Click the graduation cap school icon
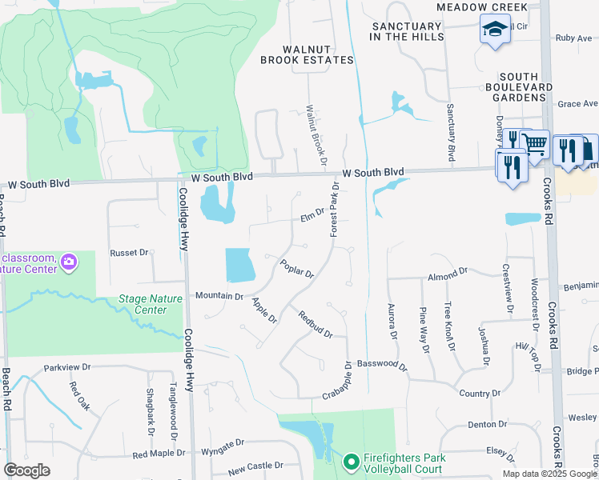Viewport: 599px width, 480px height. click(x=495, y=30)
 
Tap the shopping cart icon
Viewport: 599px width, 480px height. click(x=535, y=144)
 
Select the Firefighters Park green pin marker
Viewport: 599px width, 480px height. click(x=350, y=462)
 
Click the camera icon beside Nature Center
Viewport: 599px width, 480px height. click(x=69, y=261)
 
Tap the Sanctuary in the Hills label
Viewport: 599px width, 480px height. click(x=406, y=31)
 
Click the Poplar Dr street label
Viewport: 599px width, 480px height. click(x=297, y=267)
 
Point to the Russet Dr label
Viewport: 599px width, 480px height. click(x=130, y=252)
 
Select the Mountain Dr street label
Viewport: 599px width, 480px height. click(x=219, y=296)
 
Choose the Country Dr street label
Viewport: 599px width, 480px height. click(x=480, y=394)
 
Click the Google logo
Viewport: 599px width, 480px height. click(x=27, y=470)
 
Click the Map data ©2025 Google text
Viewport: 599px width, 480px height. click(x=549, y=474)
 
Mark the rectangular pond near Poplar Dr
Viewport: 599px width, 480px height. click(x=240, y=265)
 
